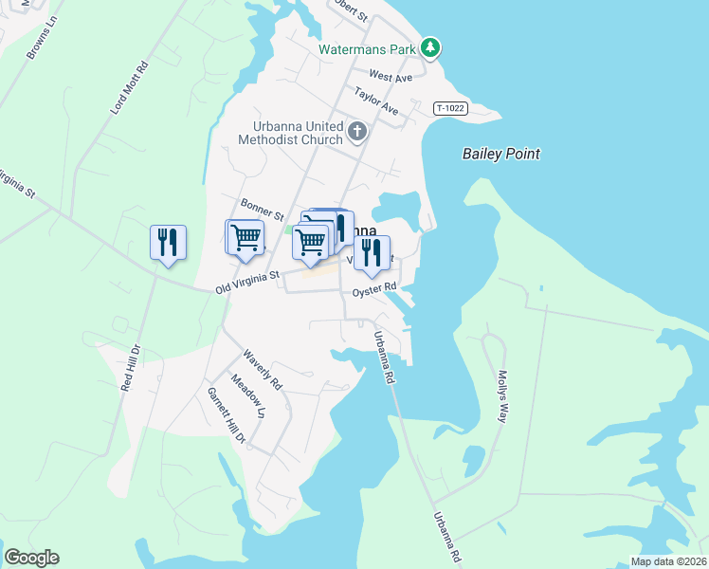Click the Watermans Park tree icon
(x=430, y=46)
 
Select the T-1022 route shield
(x=451, y=109)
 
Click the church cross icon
(x=357, y=131)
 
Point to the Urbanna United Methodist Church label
(x=297, y=134)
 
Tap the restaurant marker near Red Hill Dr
(x=168, y=243)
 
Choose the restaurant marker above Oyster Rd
(x=372, y=253)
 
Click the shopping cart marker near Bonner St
(x=245, y=236)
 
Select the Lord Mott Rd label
(x=130, y=89)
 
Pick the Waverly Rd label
(x=263, y=371)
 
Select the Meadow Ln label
(x=249, y=399)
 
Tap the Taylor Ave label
(x=376, y=101)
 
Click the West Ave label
(x=391, y=76)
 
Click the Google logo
(x=31, y=558)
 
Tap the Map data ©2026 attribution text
(x=668, y=561)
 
